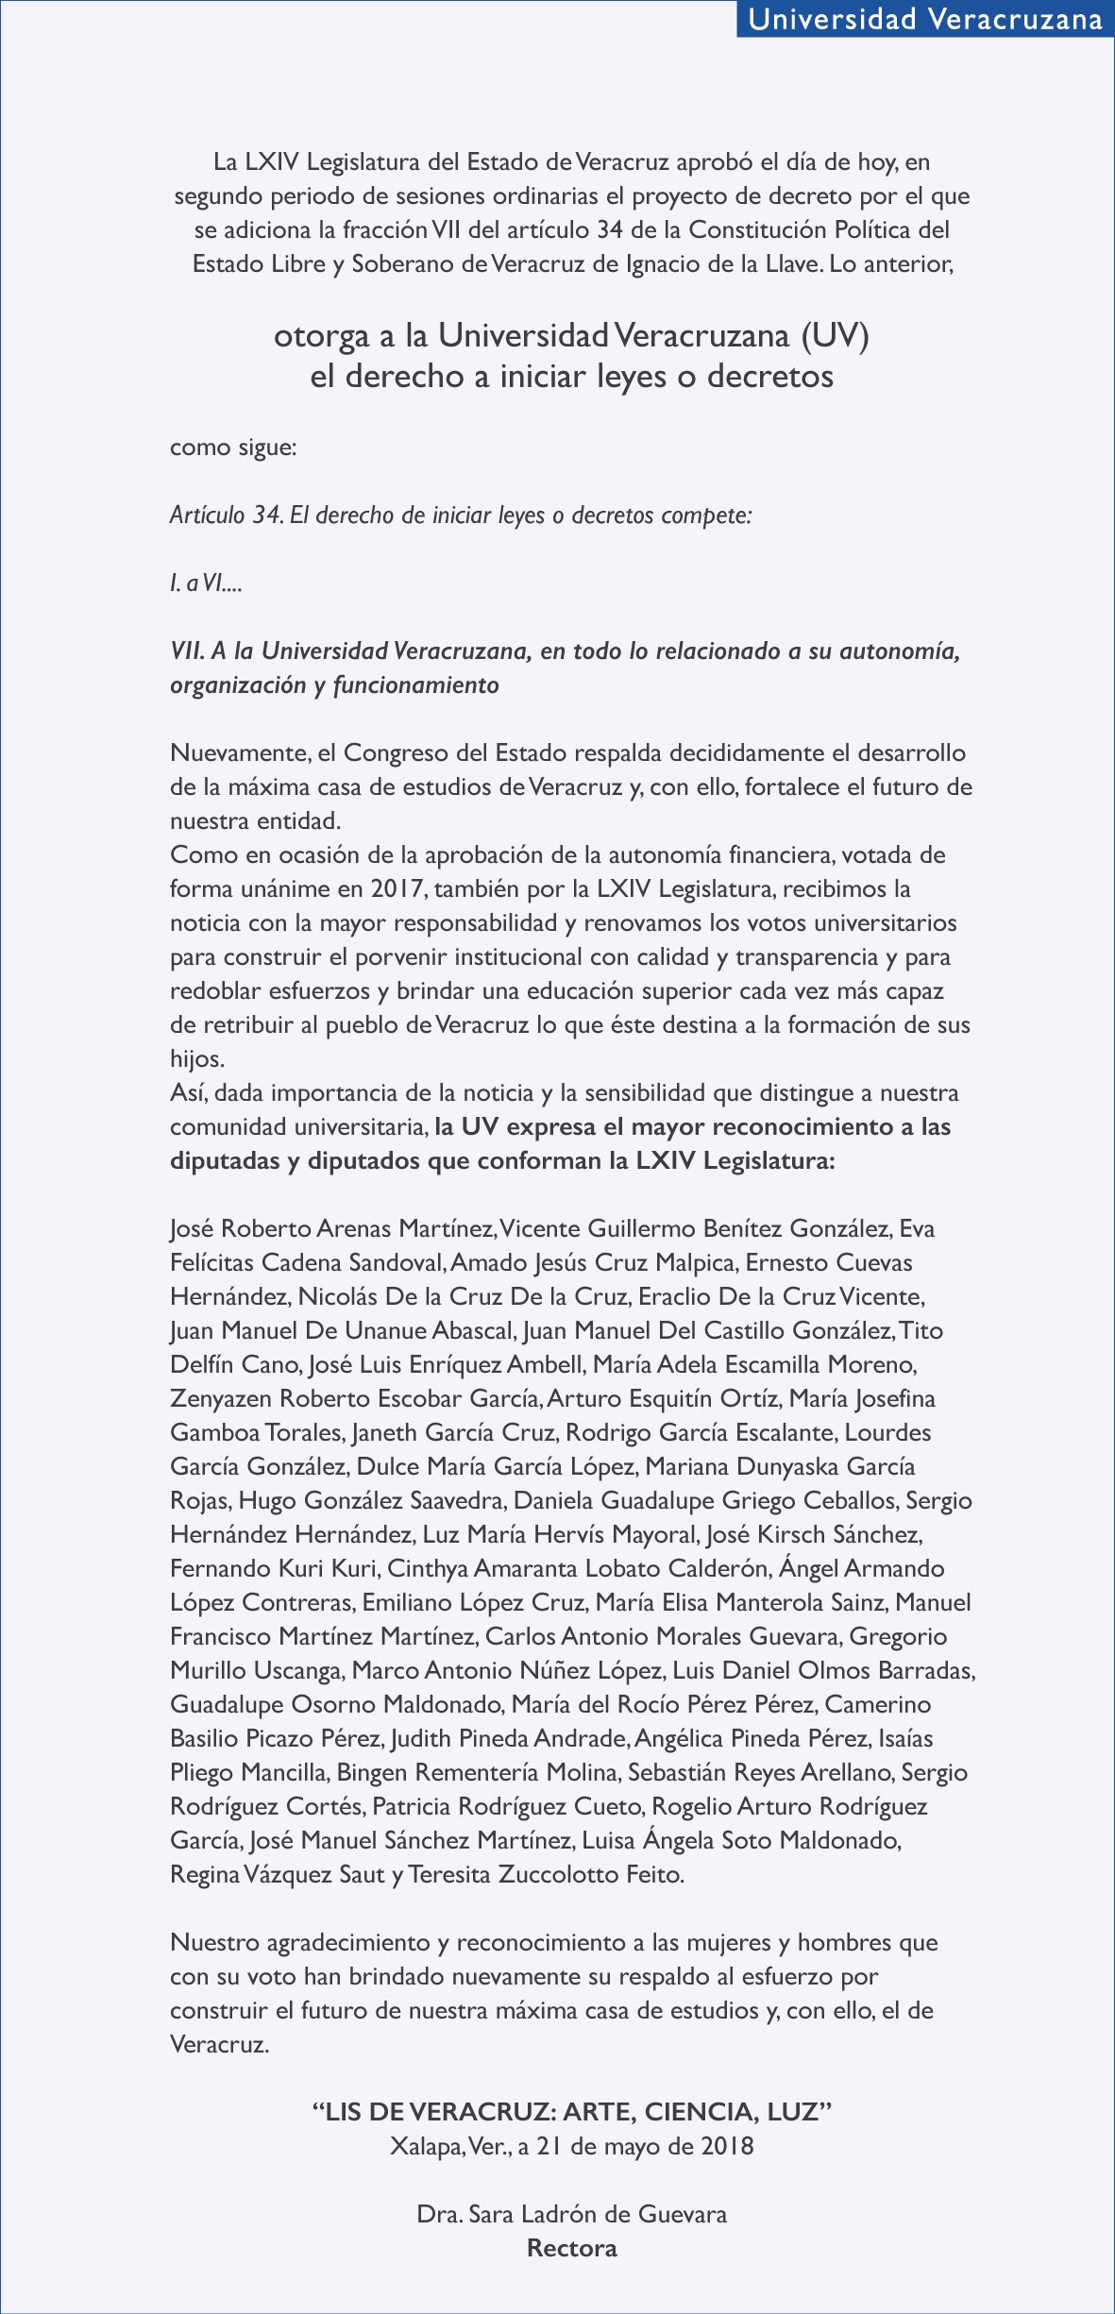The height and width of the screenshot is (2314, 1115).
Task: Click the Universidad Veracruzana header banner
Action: pos(924,19)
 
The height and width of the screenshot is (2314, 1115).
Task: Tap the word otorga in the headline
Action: pos(321,337)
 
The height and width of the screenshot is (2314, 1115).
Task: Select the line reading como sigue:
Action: pos(233,448)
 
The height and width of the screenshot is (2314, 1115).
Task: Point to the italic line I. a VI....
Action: pos(206,583)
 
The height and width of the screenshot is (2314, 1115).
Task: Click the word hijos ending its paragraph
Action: pos(195,1058)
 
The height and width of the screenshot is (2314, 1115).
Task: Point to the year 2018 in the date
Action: pos(727,2146)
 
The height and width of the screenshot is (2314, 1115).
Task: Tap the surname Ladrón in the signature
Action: pos(558,2214)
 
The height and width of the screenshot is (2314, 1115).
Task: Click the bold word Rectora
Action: pos(571,2248)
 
